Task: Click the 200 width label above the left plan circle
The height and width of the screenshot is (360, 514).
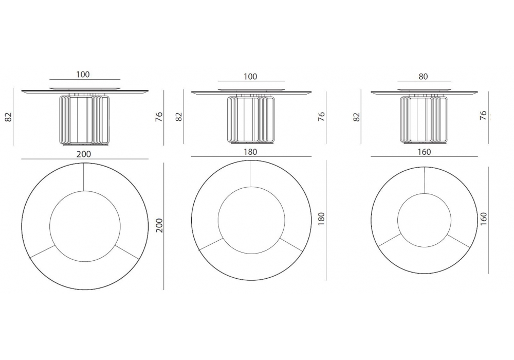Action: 84,154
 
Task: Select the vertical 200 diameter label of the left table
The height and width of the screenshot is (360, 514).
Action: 159,225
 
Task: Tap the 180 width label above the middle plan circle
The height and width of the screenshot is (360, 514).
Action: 250,152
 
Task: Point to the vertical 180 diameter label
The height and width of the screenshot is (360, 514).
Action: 321,219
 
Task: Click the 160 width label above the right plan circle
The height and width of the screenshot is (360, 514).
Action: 424,152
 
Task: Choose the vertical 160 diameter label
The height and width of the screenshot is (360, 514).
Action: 483,219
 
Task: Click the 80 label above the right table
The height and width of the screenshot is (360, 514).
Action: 423,77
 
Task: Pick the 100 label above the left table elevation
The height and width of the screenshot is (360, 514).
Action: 83,75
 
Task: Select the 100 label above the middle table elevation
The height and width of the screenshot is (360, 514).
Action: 250,77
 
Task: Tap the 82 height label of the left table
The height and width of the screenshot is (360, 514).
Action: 9,117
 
